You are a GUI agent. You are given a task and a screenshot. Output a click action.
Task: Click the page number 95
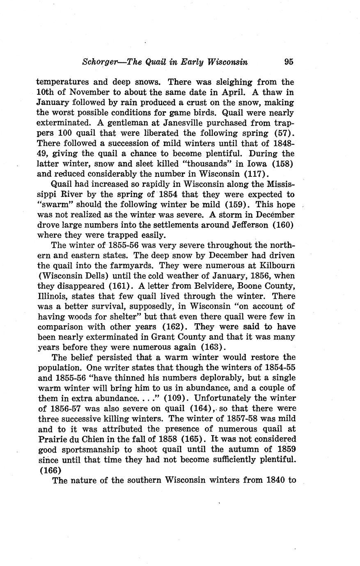pos(289,62)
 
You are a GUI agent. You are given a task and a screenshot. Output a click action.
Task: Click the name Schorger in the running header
pos(98,62)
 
